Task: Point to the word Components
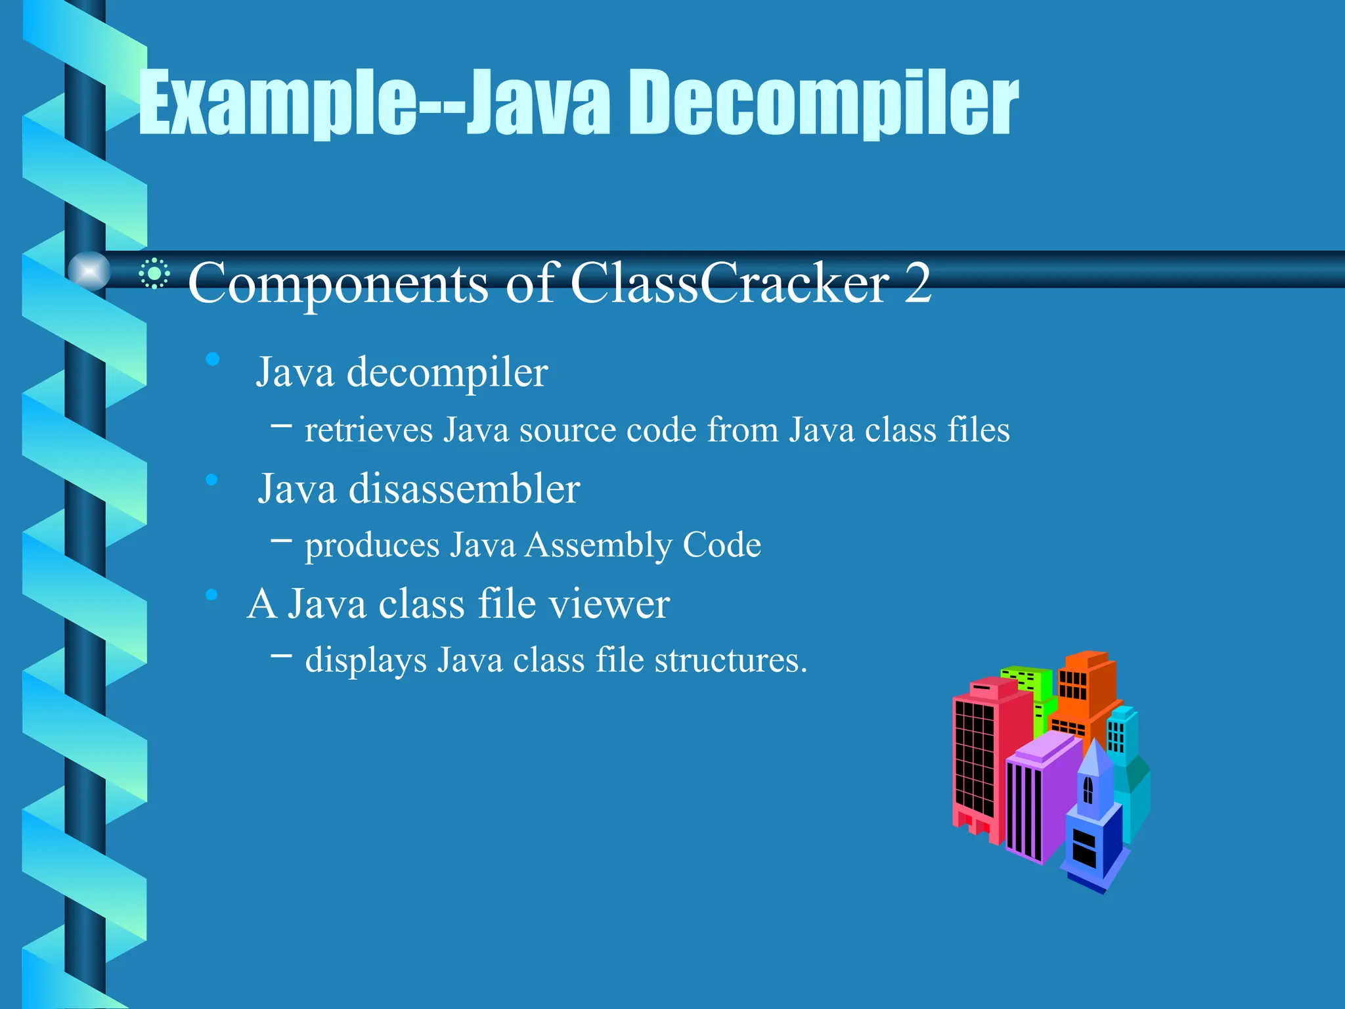pyautogui.click(x=338, y=284)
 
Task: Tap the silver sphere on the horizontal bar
pyautogui.click(x=89, y=271)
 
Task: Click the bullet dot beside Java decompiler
pyautogui.click(x=212, y=359)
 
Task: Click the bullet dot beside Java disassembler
pyautogui.click(x=211, y=480)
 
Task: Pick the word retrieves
pyautogui.click(x=369, y=431)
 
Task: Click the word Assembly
pyautogui.click(x=598, y=545)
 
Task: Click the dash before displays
pyautogui.click(x=282, y=654)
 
